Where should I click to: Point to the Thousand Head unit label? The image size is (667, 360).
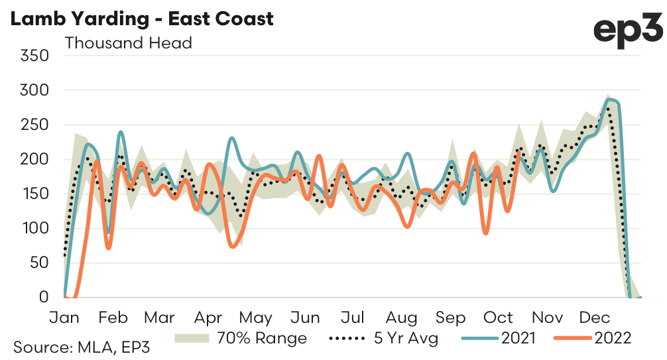click(128, 43)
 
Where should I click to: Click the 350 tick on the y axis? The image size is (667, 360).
click(36, 55)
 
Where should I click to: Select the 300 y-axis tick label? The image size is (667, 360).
click(36, 90)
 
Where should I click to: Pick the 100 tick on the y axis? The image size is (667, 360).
click(36, 228)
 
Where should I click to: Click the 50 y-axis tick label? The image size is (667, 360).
click(41, 263)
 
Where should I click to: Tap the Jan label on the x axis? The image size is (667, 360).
click(66, 317)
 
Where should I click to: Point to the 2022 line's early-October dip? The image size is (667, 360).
click(486, 233)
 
